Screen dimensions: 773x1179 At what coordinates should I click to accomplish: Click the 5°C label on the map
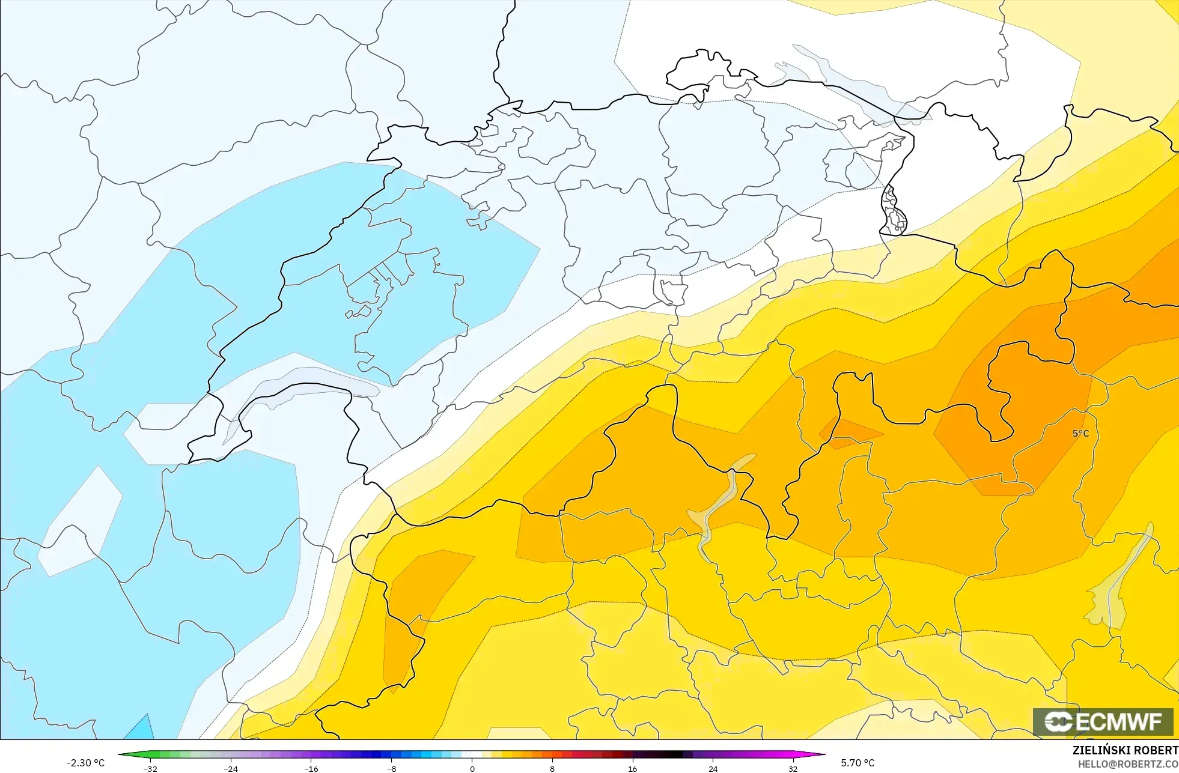(x=1080, y=433)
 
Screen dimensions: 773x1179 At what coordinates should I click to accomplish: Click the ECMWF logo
(x=1103, y=721)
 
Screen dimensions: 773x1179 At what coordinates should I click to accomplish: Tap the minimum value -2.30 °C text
(x=85, y=763)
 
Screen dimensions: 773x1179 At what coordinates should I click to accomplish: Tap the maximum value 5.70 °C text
(x=858, y=763)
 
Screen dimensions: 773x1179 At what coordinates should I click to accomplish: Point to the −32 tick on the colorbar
(x=150, y=768)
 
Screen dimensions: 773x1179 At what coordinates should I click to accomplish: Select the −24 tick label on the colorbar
(x=231, y=768)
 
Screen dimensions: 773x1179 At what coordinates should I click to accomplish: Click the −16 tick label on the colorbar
(x=311, y=768)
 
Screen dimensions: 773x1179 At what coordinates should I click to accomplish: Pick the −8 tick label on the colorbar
(x=391, y=768)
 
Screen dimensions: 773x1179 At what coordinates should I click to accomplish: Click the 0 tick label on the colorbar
(x=472, y=768)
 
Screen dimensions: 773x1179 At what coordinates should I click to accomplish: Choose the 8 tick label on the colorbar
(x=552, y=768)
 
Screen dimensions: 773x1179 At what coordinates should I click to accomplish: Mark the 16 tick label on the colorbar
(x=632, y=768)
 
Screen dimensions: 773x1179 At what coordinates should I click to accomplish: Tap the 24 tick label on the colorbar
(x=713, y=768)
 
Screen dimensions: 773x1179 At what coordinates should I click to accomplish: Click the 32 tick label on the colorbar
(x=793, y=768)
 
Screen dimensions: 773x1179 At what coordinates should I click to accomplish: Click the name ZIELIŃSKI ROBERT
(x=1125, y=750)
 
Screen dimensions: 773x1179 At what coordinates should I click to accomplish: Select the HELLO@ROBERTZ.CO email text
(x=1127, y=764)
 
